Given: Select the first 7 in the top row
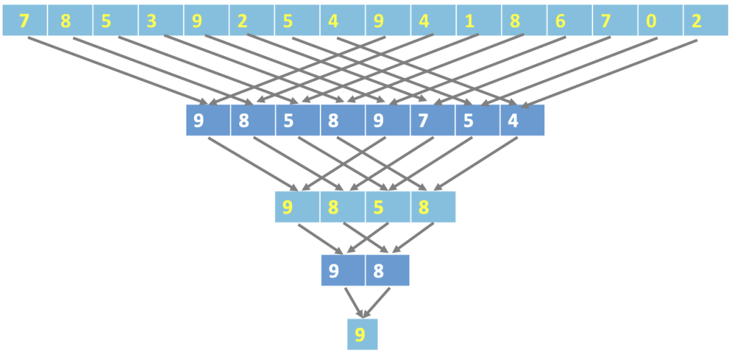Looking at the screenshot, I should pyautogui.click(x=24, y=22).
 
